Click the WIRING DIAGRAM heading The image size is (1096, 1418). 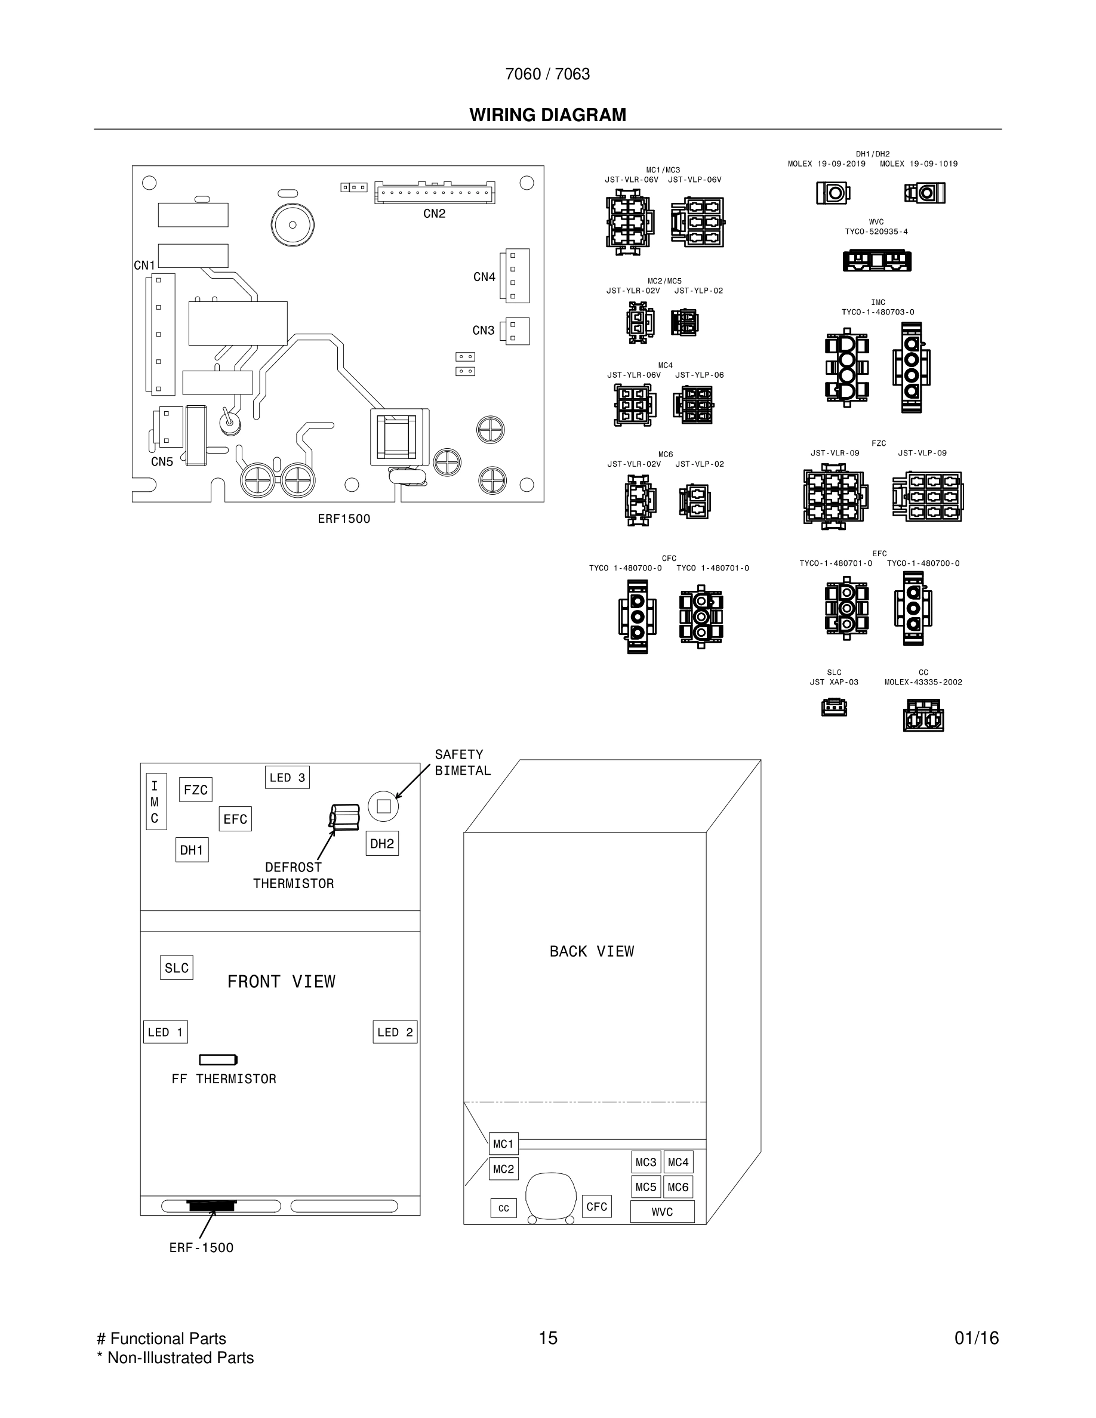point(547,115)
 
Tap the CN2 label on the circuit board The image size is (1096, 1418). point(435,214)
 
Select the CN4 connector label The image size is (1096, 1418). point(484,278)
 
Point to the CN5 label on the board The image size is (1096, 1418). point(162,462)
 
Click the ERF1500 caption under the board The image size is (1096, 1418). point(343,519)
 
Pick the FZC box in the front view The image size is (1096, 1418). point(195,790)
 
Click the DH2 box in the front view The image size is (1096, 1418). point(382,843)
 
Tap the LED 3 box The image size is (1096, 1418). point(287,777)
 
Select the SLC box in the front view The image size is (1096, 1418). point(177,967)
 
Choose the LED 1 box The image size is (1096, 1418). point(165,1032)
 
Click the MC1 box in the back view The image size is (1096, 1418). point(503,1143)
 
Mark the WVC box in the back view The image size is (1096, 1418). point(662,1212)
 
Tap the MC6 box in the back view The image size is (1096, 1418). point(678,1187)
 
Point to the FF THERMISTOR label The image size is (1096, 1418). point(224,1078)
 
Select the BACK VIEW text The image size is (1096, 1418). point(592,951)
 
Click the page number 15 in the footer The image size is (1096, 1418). point(548,1338)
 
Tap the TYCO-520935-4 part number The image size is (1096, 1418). point(876,232)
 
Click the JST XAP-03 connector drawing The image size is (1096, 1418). point(835,707)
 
